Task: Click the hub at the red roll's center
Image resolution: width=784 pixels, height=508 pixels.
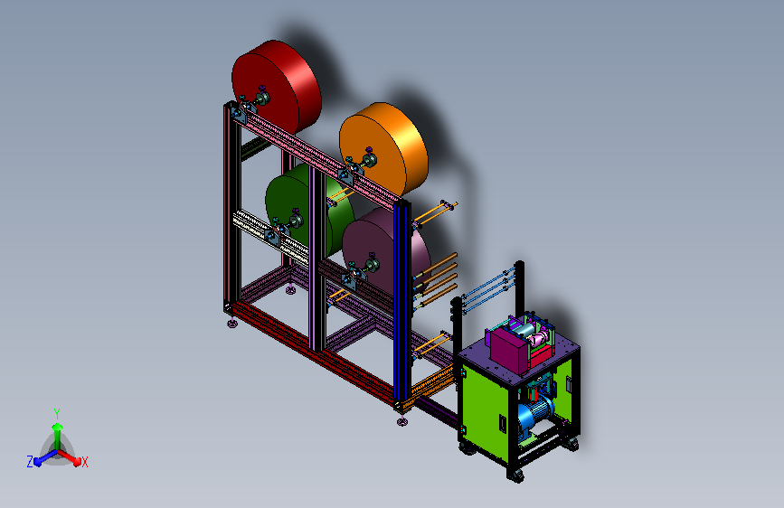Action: (x=263, y=98)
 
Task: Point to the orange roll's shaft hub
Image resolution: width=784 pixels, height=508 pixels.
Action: (x=371, y=160)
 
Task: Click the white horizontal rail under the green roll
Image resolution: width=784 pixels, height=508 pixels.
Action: (x=271, y=237)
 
